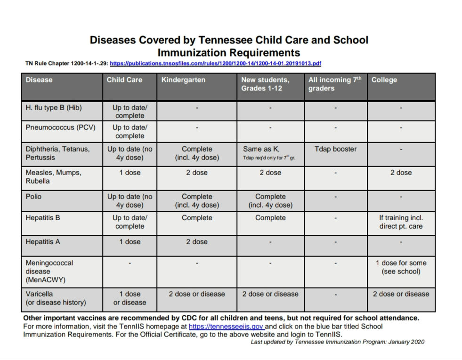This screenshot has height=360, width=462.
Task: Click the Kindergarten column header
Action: [183, 80]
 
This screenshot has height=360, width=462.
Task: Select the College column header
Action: [384, 80]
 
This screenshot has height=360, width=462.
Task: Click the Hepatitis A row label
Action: [43, 242]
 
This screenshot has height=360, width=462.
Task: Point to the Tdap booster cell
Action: [335, 149]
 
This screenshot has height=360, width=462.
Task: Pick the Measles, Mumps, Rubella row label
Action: [53, 177]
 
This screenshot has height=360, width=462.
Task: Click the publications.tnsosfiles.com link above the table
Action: [215, 63]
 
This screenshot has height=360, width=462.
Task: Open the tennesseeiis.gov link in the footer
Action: [226, 326]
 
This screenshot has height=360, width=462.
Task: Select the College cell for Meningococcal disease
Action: [401, 267]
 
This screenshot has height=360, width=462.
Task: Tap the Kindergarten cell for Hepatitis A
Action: [197, 242]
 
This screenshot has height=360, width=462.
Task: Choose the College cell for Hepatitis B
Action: [401, 222]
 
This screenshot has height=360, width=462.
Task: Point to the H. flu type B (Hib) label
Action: [54, 108]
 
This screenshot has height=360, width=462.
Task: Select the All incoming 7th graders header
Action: [335, 84]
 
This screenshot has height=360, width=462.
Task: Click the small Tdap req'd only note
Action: [269, 158]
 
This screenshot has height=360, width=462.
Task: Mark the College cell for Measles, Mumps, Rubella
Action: [401, 173]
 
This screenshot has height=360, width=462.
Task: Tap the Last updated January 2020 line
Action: [337, 342]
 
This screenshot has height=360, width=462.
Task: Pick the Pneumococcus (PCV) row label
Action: [57, 127]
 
